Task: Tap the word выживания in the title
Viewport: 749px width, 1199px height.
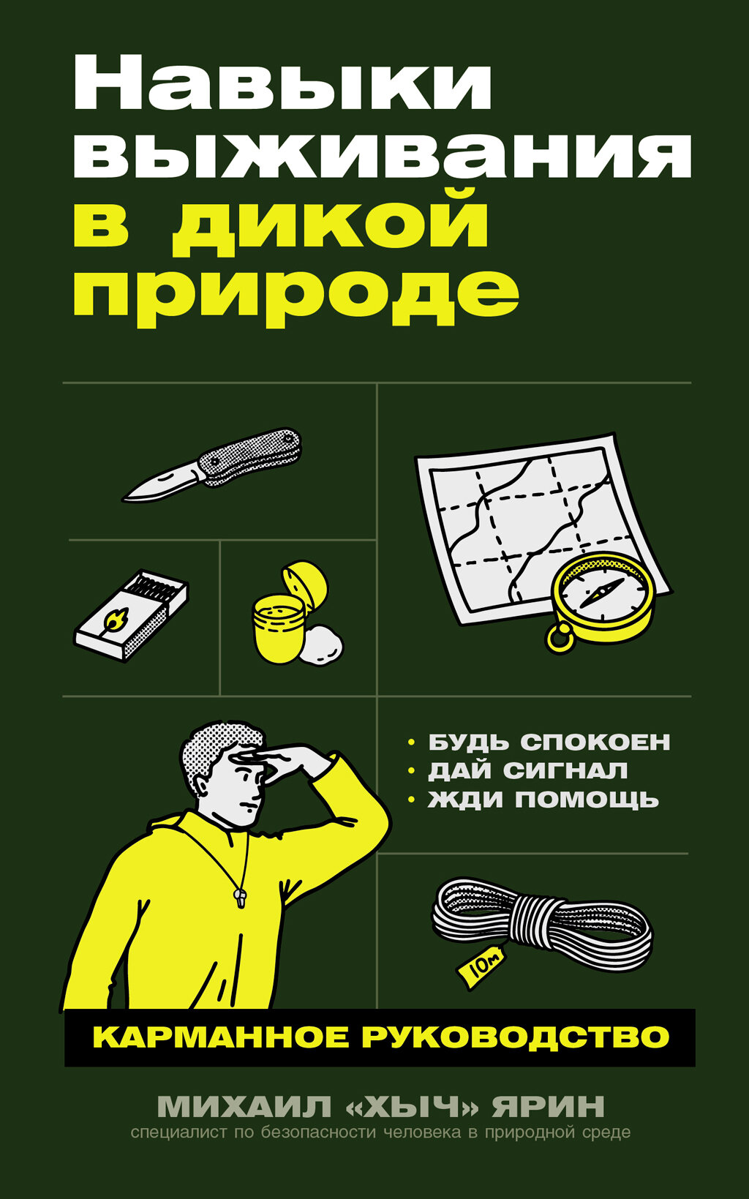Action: (x=382, y=154)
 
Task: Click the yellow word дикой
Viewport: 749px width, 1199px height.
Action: (x=331, y=222)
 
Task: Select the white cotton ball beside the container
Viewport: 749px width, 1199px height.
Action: (x=322, y=645)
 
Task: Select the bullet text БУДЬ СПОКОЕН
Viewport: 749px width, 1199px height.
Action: (x=549, y=742)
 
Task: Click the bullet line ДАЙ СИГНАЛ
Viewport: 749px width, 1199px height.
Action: (x=527, y=770)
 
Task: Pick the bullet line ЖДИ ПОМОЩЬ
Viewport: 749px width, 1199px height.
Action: (x=543, y=800)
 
